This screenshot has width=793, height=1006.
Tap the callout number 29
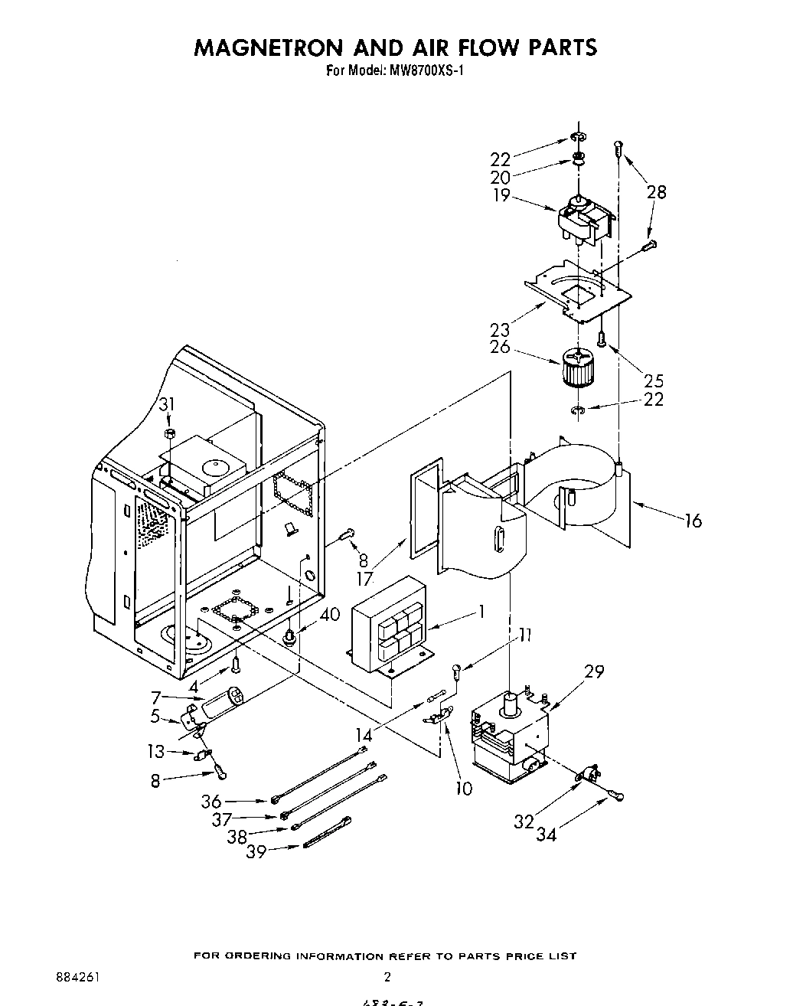[x=594, y=672]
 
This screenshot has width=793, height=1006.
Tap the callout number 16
[x=693, y=521]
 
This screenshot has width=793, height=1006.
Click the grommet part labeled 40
[x=291, y=635]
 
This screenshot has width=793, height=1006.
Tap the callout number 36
[x=211, y=802]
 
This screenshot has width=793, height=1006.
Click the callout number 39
[x=256, y=851]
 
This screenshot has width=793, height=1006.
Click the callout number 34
[x=546, y=835]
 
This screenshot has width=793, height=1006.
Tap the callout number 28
[x=657, y=191]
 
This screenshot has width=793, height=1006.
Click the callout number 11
[x=524, y=634]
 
